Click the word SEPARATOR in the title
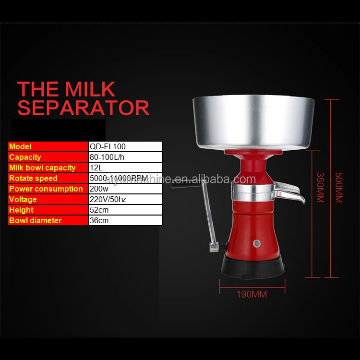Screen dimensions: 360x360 click(84, 108)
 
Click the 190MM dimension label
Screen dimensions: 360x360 click(252, 294)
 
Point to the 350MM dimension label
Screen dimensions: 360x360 click(320, 187)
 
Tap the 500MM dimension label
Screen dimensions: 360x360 click(339, 187)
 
